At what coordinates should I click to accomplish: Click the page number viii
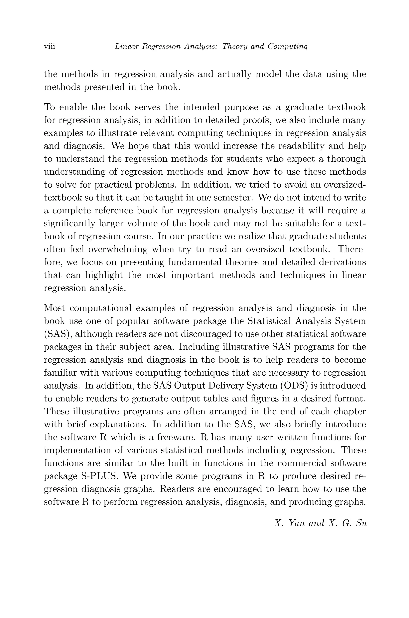point(49,46)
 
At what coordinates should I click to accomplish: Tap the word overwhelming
point(118,249)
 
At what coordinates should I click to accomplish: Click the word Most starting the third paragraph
point(54,308)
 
